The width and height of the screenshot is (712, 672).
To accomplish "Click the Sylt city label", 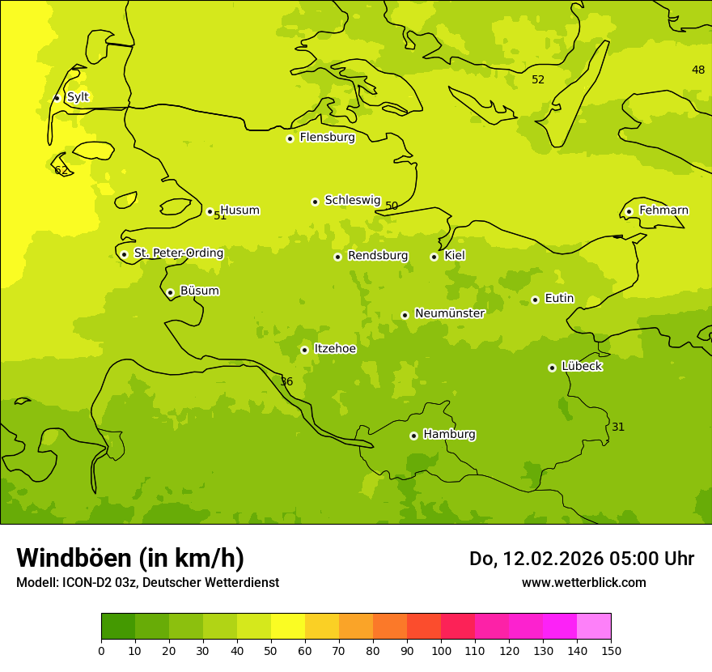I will (x=78, y=97).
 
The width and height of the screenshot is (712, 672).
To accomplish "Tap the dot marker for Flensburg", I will (x=290, y=138).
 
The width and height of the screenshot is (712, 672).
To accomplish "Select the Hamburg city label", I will (x=449, y=435).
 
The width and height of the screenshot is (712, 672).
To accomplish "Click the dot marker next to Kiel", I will (x=434, y=257).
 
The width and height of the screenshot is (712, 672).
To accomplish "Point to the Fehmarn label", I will (x=663, y=211).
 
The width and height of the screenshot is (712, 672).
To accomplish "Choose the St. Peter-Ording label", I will (x=178, y=253).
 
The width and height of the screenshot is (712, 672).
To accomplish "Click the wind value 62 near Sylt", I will (x=61, y=170).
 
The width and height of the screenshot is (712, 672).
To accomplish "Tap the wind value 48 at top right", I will (x=698, y=70).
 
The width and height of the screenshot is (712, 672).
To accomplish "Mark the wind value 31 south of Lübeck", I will (x=618, y=427).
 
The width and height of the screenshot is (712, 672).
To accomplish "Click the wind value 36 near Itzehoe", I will (x=286, y=381).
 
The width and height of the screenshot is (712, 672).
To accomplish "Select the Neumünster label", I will (x=449, y=313).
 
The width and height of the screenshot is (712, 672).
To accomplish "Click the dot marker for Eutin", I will (x=535, y=300).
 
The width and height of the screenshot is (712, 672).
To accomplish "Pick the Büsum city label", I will (x=199, y=291).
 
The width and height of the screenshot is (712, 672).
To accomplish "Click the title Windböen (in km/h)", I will (x=130, y=558).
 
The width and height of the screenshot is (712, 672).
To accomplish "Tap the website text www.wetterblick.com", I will (x=583, y=582).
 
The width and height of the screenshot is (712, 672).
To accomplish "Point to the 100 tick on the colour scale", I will (x=441, y=650).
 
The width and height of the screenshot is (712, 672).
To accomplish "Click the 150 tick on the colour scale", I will (x=611, y=650).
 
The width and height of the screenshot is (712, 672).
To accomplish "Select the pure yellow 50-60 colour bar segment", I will (x=288, y=627).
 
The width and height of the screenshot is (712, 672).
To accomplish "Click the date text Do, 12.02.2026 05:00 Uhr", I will (x=581, y=559).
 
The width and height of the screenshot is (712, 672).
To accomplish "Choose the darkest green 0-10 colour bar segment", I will (x=118, y=627).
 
